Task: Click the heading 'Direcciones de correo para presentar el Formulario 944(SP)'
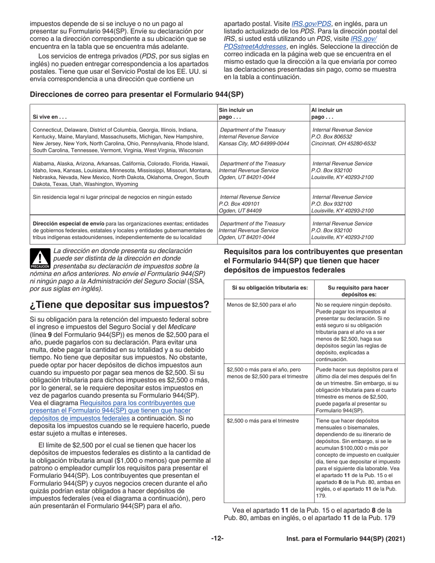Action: point(136,94)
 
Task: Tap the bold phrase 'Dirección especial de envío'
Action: point(65,223)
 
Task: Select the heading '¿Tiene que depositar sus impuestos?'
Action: point(120,305)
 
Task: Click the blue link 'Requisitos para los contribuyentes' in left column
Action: point(137,403)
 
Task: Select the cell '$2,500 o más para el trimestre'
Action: point(262,420)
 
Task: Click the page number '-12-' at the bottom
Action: point(217,539)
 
